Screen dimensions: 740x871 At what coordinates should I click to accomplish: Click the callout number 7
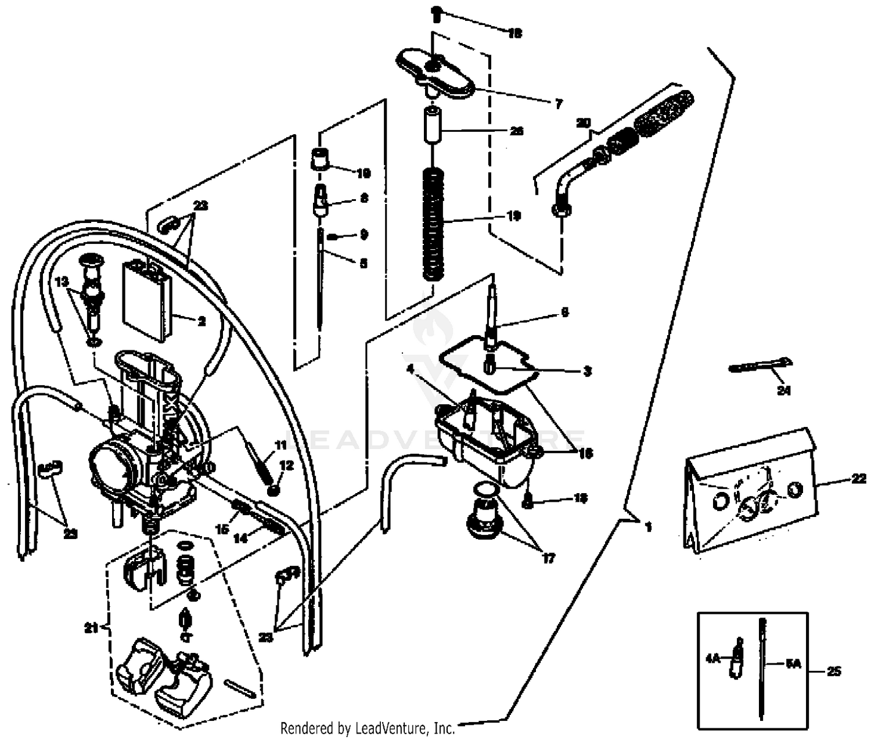coord(558,105)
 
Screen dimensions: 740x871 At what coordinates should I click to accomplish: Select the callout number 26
coord(516,131)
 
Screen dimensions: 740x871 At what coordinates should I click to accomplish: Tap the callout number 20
coord(583,123)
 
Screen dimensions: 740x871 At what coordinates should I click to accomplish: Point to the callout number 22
coord(859,479)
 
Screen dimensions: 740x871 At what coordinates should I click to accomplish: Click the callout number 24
coord(784,390)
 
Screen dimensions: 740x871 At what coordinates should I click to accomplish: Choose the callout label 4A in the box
coord(713,659)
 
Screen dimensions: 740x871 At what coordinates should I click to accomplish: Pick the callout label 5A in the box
coord(793,664)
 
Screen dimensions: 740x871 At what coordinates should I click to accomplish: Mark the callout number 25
coord(833,671)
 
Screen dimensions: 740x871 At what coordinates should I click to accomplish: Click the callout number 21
coord(91,627)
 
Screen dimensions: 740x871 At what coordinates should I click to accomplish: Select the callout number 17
coord(548,558)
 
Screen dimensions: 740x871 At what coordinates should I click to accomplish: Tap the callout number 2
coord(201,321)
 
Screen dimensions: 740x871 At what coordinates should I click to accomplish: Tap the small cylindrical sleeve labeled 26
coord(432,125)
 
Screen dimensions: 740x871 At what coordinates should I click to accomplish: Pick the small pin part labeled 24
coord(758,366)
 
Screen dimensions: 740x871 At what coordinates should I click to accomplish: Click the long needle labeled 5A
coord(762,668)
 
